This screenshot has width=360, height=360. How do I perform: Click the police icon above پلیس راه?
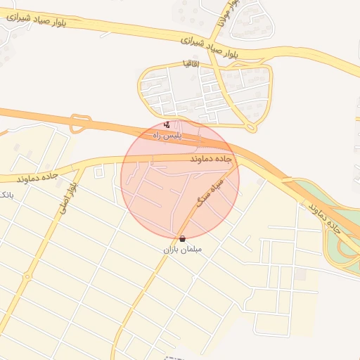pyautogui.click(x=166, y=124)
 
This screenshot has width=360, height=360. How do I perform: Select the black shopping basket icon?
pyautogui.click(x=183, y=239)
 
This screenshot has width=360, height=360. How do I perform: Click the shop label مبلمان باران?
pyautogui.click(x=183, y=250)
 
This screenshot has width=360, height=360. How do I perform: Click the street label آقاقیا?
pyautogui.click(x=191, y=63)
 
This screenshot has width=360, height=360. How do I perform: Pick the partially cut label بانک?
pyautogui.click(x=6, y=194)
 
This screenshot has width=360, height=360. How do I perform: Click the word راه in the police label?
pyautogui.click(x=158, y=134)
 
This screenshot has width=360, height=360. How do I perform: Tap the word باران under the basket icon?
pyautogui.click(x=172, y=250)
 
